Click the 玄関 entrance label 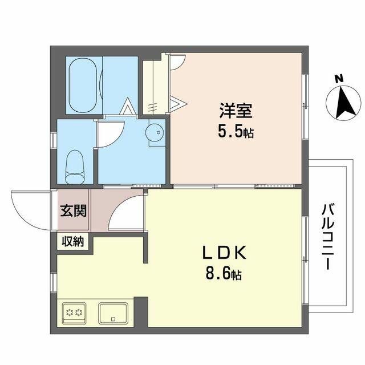click(x=74, y=211)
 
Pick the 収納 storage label click(x=74, y=241)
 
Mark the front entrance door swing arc click(x=29, y=208)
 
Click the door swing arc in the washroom click(x=107, y=135)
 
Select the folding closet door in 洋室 click(x=178, y=103)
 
